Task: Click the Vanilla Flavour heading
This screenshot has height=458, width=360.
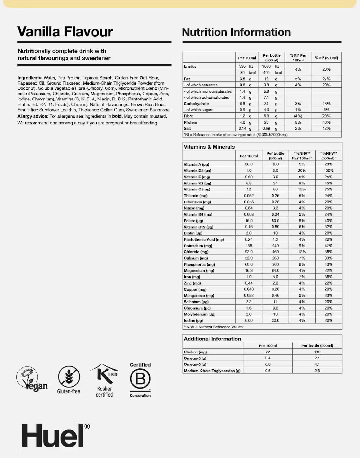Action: tap(65, 32)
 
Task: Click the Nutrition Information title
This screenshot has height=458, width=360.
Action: tap(236, 32)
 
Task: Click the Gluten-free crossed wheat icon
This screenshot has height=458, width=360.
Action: tap(68, 377)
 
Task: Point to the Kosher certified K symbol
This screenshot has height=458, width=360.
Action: tap(104, 375)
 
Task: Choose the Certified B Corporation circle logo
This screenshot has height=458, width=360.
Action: tap(140, 379)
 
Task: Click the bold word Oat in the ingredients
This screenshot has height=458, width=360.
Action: tap(143, 78)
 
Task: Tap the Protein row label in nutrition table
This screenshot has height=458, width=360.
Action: tap(190, 122)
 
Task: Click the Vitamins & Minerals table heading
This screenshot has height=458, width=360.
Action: tap(209, 147)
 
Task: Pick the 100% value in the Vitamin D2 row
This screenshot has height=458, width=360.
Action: tap(328, 171)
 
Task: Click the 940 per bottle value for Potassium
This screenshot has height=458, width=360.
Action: tap(275, 246)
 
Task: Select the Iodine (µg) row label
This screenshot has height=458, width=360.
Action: tap(193, 320)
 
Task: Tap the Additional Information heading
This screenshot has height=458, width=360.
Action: tap(212, 339)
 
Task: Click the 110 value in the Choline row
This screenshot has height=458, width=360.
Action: tap(317, 352)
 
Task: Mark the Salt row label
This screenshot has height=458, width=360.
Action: tap(187, 128)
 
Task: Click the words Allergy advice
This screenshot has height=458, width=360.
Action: tap(33, 116)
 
